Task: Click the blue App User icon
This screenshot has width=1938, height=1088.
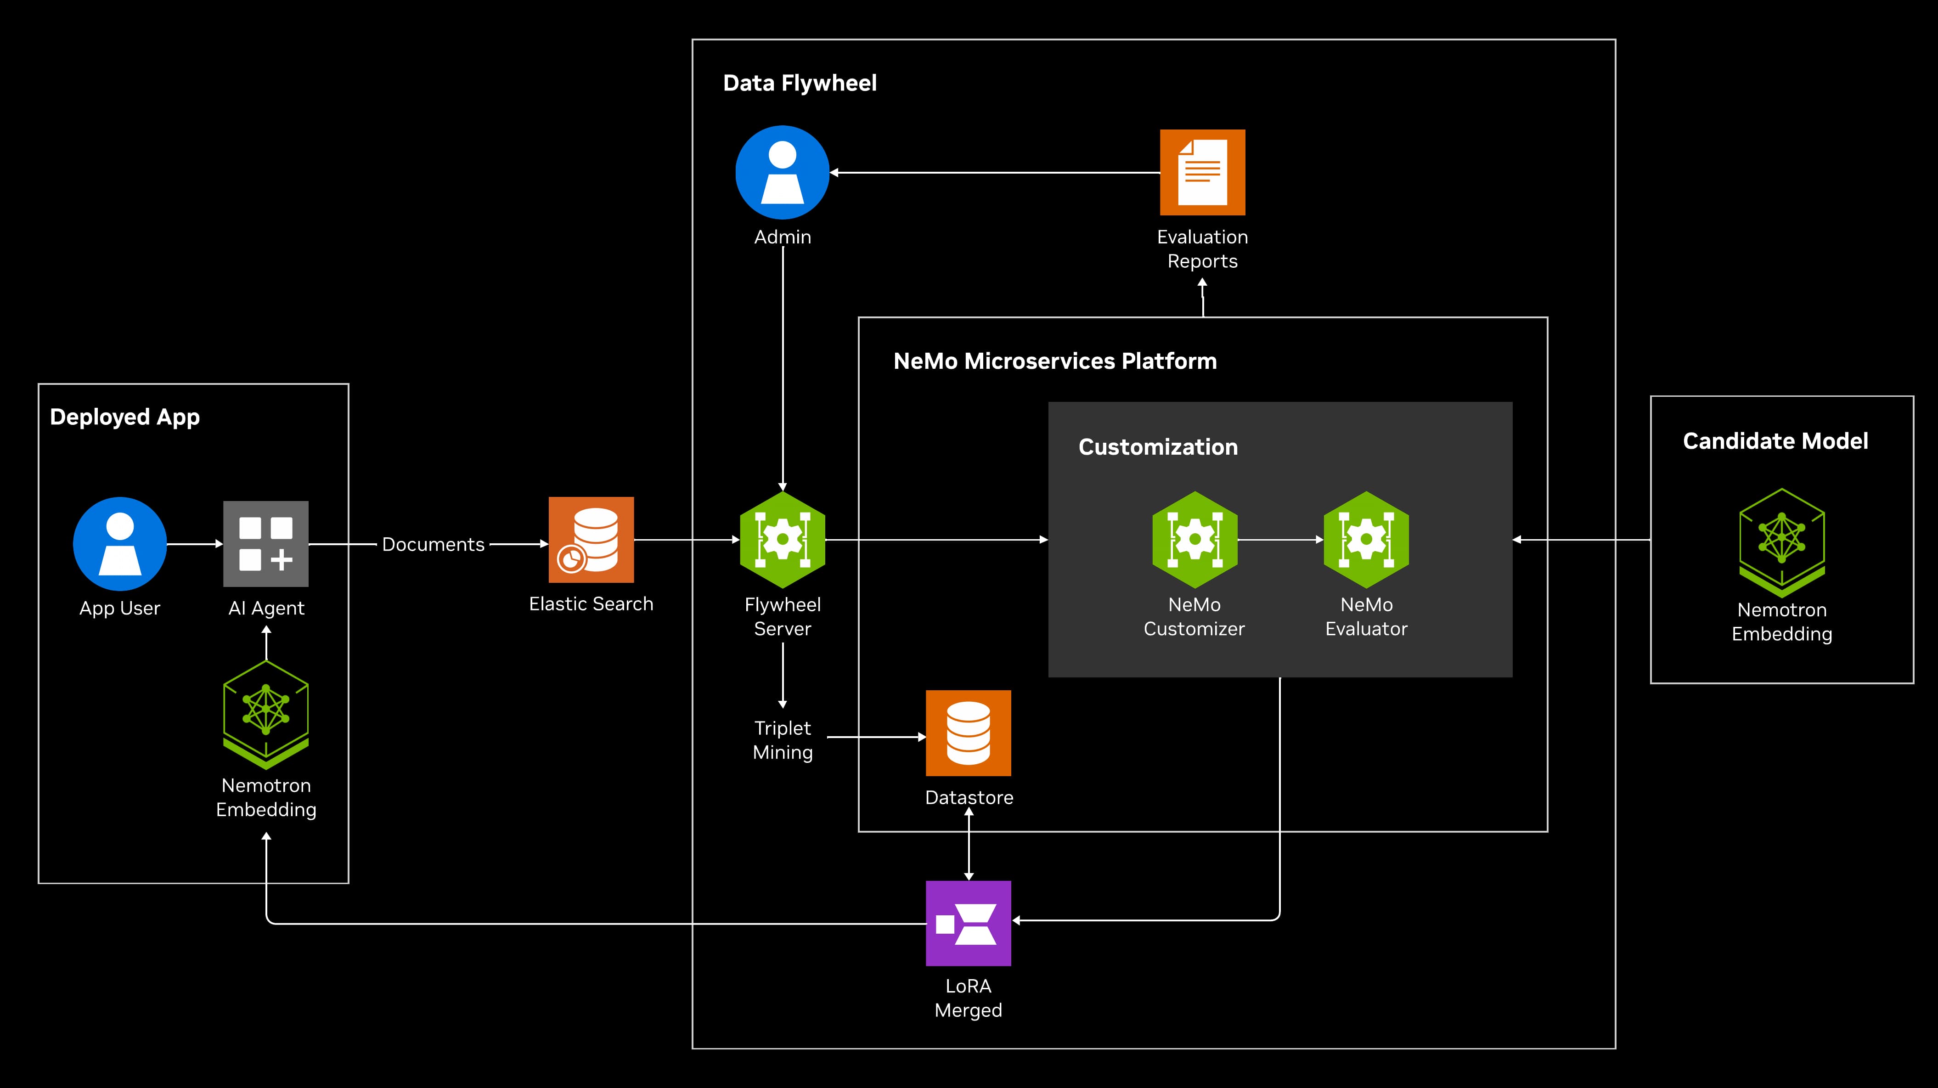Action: tap(119, 543)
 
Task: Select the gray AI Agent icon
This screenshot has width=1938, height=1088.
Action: tap(265, 543)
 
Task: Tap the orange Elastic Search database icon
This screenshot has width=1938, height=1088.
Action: tap(591, 540)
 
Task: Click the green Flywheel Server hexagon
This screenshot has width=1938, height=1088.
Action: tap(783, 540)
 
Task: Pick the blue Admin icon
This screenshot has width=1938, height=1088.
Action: tap(783, 172)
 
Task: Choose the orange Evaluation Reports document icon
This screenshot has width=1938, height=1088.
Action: tap(1202, 172)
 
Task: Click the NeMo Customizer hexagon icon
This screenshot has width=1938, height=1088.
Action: tap(1194, 540)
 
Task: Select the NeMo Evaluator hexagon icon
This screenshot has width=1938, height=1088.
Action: tap(1366, 540)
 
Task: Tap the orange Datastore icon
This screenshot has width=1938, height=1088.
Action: tap(968, 733)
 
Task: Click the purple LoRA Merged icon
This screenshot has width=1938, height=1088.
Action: tap(968, 923)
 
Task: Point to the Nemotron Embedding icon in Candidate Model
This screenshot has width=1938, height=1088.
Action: tap(1781, 542)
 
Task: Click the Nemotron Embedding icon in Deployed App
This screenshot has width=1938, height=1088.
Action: tap(265, 713)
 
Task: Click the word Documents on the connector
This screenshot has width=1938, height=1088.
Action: tap(434, 544)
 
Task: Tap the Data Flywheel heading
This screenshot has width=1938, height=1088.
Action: tap(800, 83)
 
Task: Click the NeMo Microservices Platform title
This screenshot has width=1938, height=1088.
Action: tap(1055, 361)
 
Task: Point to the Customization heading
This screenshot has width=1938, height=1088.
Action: tap(1158, 447)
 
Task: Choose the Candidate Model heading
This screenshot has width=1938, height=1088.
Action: tap(1775, 441)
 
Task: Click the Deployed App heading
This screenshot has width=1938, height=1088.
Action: tap(125, 417)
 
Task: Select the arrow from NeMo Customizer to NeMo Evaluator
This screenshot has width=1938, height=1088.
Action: tap(1280, 540)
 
